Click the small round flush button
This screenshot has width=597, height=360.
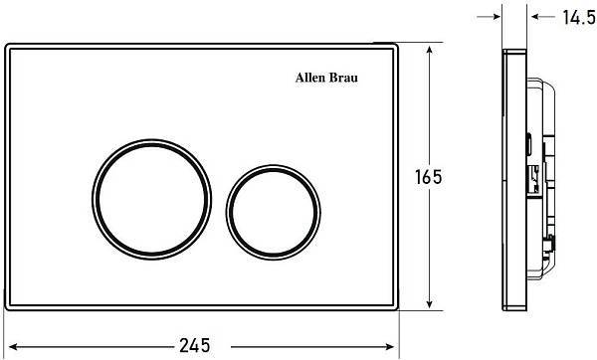[x=274, y=194]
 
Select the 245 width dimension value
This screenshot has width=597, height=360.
[x=195, y=345]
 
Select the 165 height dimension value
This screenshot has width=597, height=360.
[x=427, y=176]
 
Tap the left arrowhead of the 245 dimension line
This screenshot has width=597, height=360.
[x=14, y=345]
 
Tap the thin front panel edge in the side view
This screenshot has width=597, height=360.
[x=506, y=179]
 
